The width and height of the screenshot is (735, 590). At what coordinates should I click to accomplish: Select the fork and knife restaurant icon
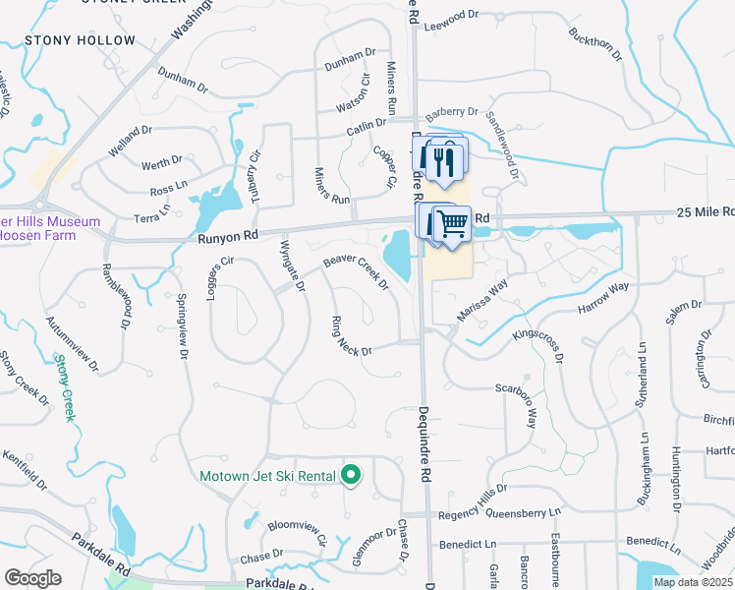446,158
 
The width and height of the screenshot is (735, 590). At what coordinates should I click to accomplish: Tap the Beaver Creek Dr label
356,272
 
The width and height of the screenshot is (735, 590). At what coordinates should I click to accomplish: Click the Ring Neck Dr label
352,335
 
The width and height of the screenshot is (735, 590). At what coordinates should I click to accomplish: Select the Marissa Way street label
481,300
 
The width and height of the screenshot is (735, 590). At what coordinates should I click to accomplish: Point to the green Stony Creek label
65,387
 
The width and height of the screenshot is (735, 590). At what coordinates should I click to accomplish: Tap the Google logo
32,578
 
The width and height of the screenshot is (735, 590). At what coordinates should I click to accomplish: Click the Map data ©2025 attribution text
694,582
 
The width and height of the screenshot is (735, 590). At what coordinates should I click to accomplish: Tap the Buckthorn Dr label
595,44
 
